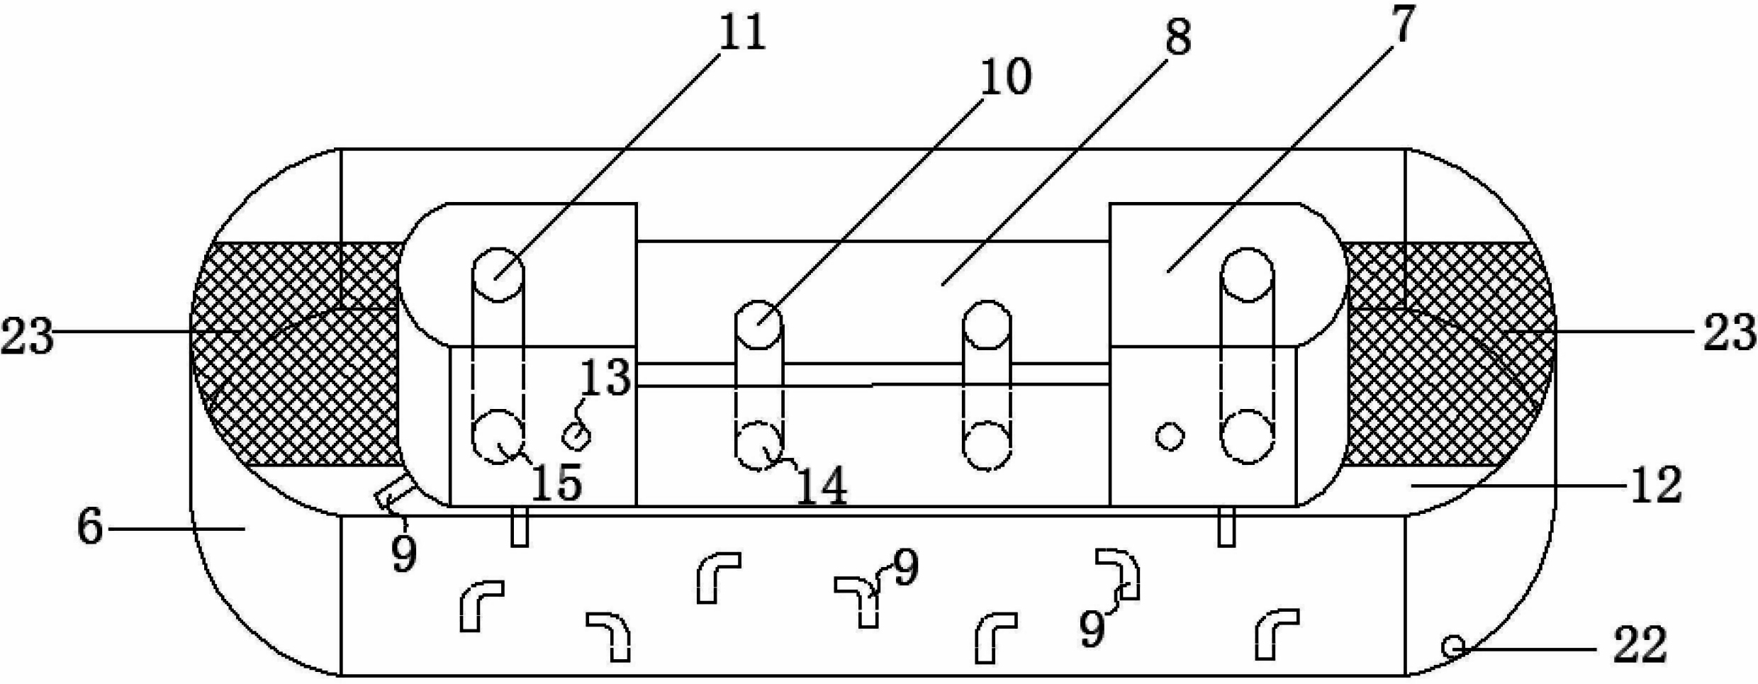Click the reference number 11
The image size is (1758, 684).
[x=742, y=33]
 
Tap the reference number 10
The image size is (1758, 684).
[x=1005, y=77]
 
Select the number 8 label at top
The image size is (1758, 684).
[x=1178, y=37]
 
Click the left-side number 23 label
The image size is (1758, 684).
[x=27, y=336]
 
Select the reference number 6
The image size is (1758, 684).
[x=90, y=527]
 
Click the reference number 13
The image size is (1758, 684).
[x=605, y=377]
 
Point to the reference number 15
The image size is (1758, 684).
[x=556, y=483]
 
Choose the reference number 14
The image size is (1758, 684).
[x=822, y=486]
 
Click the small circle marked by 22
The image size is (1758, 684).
[x=1454, y=646]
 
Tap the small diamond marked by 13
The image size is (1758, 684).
[x=576, y=435]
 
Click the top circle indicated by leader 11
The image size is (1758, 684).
[x=498, y=274]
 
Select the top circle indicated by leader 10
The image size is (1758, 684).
[x=758, y=325]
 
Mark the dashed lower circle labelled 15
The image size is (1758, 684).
[x=498, y=436]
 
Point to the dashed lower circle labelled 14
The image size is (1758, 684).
[x=758, y=446]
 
